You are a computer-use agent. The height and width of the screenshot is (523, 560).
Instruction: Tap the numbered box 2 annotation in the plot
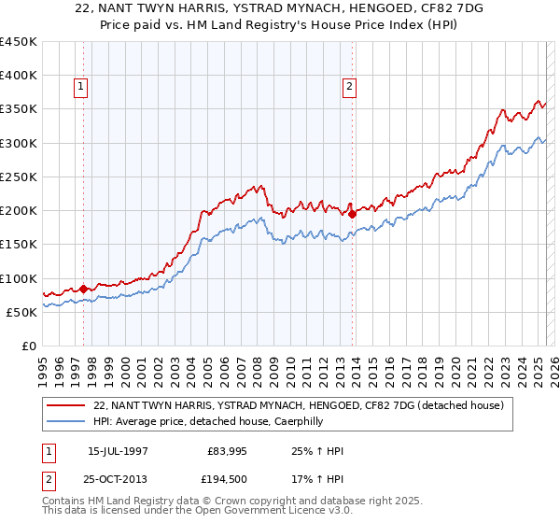(349, 87)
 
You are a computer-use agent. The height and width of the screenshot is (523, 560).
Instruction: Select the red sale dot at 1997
(83, 290)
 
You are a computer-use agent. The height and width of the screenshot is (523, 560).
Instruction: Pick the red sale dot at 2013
(352, 214)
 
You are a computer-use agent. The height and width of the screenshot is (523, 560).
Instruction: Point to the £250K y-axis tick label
(19, 177)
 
